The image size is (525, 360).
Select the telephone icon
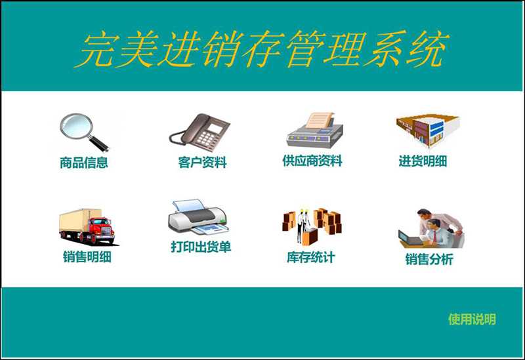coord(199,132)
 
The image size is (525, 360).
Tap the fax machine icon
coord(315,130)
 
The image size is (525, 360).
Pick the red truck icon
coord(88,226)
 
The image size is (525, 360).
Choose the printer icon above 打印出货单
coord(198,218)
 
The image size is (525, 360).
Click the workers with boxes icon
coord(312,226)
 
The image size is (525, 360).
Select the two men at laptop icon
coord(432,229)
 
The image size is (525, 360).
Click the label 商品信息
coord(84,163)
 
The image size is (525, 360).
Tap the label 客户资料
coord(203,162)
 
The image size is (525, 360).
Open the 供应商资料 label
coord(312,161)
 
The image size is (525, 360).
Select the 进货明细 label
coord(423,161)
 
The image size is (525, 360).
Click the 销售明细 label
coord(87,256)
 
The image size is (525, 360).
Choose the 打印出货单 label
coord(201,247)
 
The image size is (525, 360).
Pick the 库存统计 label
coord(311,257)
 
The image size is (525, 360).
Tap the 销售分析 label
coord(429,259)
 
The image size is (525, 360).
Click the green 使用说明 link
coord(472,319)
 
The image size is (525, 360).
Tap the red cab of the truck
coord(102,228)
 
